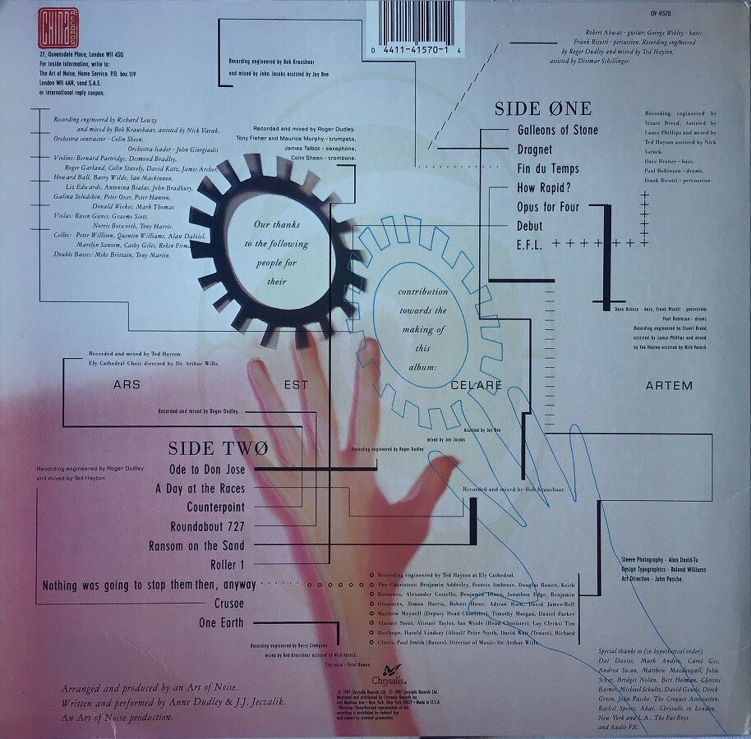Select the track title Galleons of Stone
tap(558, 130)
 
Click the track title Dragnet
tap(535, 150)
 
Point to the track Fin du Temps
tap(548, 169)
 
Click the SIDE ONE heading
tap(542, 108)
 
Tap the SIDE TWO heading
tap(218, 448)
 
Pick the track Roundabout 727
tap(207, 526)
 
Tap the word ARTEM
tap(670, 385)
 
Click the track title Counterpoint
tap(215, 507)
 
